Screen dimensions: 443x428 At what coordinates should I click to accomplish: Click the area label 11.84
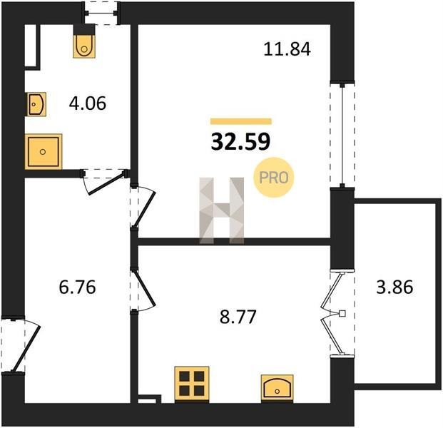287,49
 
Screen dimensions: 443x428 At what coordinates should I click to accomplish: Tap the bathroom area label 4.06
88,103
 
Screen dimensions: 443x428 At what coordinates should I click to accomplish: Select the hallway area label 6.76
78,287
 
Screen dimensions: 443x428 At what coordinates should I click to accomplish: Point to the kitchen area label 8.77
238,317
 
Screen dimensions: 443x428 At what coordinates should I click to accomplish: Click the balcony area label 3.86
394,287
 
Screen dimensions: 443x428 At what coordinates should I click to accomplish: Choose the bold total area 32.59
240,142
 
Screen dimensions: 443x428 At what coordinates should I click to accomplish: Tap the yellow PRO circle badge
273,178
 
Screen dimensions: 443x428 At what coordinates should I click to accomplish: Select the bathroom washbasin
36,104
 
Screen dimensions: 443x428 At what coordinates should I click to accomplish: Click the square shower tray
44,152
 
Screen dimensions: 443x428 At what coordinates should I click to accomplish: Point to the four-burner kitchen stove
192,383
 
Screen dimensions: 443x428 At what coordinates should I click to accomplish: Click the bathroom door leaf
106,183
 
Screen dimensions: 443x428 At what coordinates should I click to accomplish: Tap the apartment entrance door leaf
26,349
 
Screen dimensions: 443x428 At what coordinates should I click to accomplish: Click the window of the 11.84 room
342,135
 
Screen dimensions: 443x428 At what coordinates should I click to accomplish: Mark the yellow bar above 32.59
241,121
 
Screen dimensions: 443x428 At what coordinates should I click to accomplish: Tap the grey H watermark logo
221,210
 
